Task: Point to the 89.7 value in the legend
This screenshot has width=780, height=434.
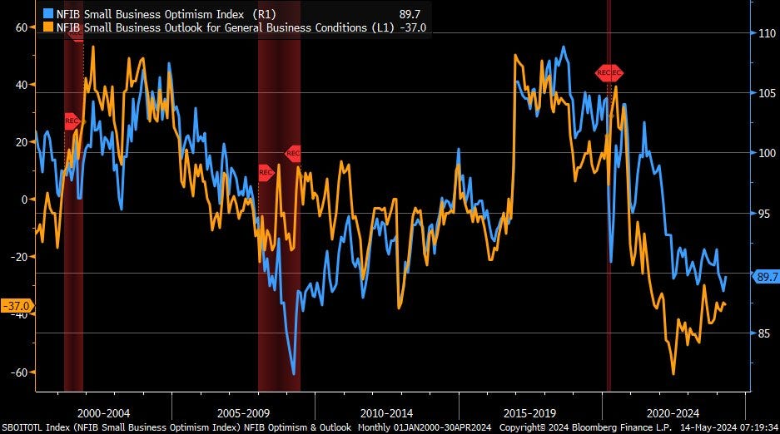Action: tap(410, 13)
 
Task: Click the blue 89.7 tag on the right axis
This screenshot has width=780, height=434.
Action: tap(764, 278)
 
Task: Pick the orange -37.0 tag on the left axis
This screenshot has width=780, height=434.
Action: tap(17, 305)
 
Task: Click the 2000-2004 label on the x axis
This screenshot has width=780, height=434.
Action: tap(102, 412)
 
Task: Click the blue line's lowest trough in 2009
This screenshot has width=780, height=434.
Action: tap(294, 373)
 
